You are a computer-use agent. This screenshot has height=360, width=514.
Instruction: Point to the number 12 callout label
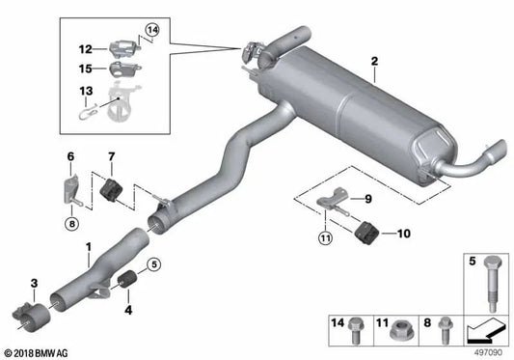(85, 48)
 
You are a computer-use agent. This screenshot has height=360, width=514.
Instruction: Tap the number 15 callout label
(85, 69)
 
